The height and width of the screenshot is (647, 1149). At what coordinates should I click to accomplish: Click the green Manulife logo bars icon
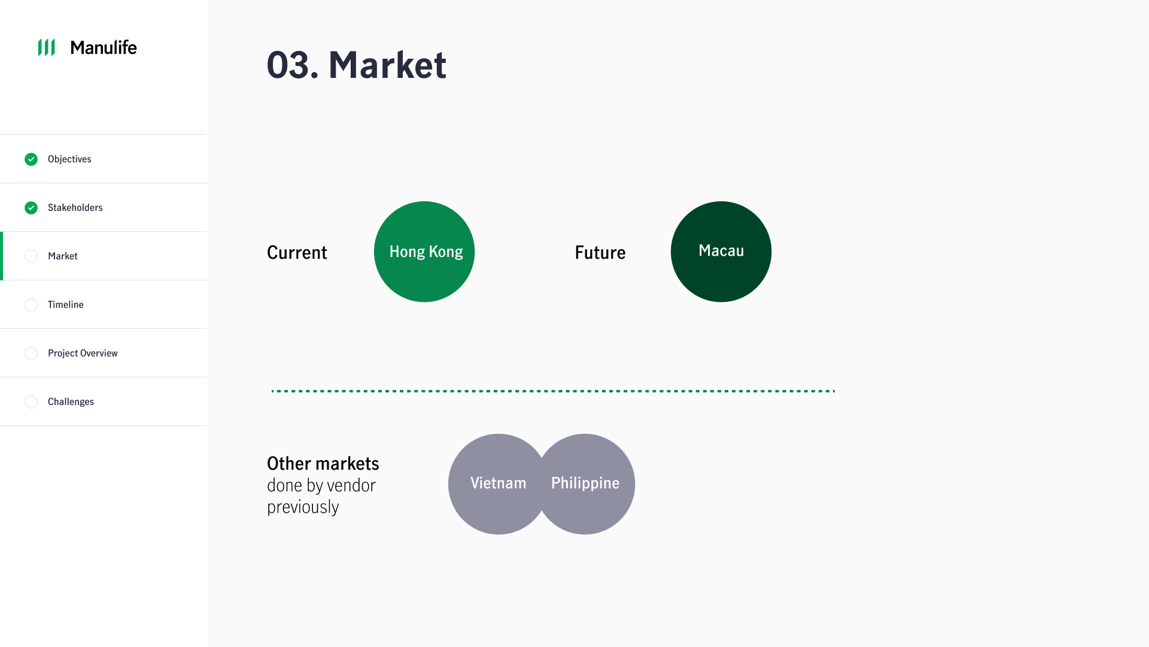point(47,47)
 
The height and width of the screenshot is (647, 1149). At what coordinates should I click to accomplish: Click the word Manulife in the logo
point(104,47)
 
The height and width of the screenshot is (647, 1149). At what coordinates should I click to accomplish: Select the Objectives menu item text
point(69,159)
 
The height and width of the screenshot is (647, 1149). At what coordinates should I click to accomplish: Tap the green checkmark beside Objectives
point(31,159)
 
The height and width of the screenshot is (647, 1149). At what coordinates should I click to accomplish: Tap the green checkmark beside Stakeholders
point(31,208)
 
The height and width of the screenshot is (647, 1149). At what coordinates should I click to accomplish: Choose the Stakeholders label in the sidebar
point(75,207)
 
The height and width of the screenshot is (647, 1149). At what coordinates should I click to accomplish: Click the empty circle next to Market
point(31,256)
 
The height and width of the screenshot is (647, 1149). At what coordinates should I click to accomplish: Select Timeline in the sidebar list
point(66,304)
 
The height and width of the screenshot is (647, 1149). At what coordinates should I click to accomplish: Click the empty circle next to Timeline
point(31,305)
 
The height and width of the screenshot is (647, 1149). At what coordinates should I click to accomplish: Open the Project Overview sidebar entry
point(83,353)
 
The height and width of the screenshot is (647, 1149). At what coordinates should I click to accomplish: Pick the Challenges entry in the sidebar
point(71,401)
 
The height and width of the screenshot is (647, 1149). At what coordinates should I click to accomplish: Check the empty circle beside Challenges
point(31,402)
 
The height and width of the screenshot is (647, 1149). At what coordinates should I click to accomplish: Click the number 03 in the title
point(288,65)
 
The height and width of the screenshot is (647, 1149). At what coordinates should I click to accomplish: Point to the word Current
point(297,252)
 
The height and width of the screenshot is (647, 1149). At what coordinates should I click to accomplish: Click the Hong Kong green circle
point(424,252)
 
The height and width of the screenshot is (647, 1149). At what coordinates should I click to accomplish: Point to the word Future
point(600,252)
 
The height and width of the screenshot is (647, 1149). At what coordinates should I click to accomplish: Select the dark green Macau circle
point(721,252)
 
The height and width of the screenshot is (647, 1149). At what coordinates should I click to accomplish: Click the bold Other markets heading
point(323,463)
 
